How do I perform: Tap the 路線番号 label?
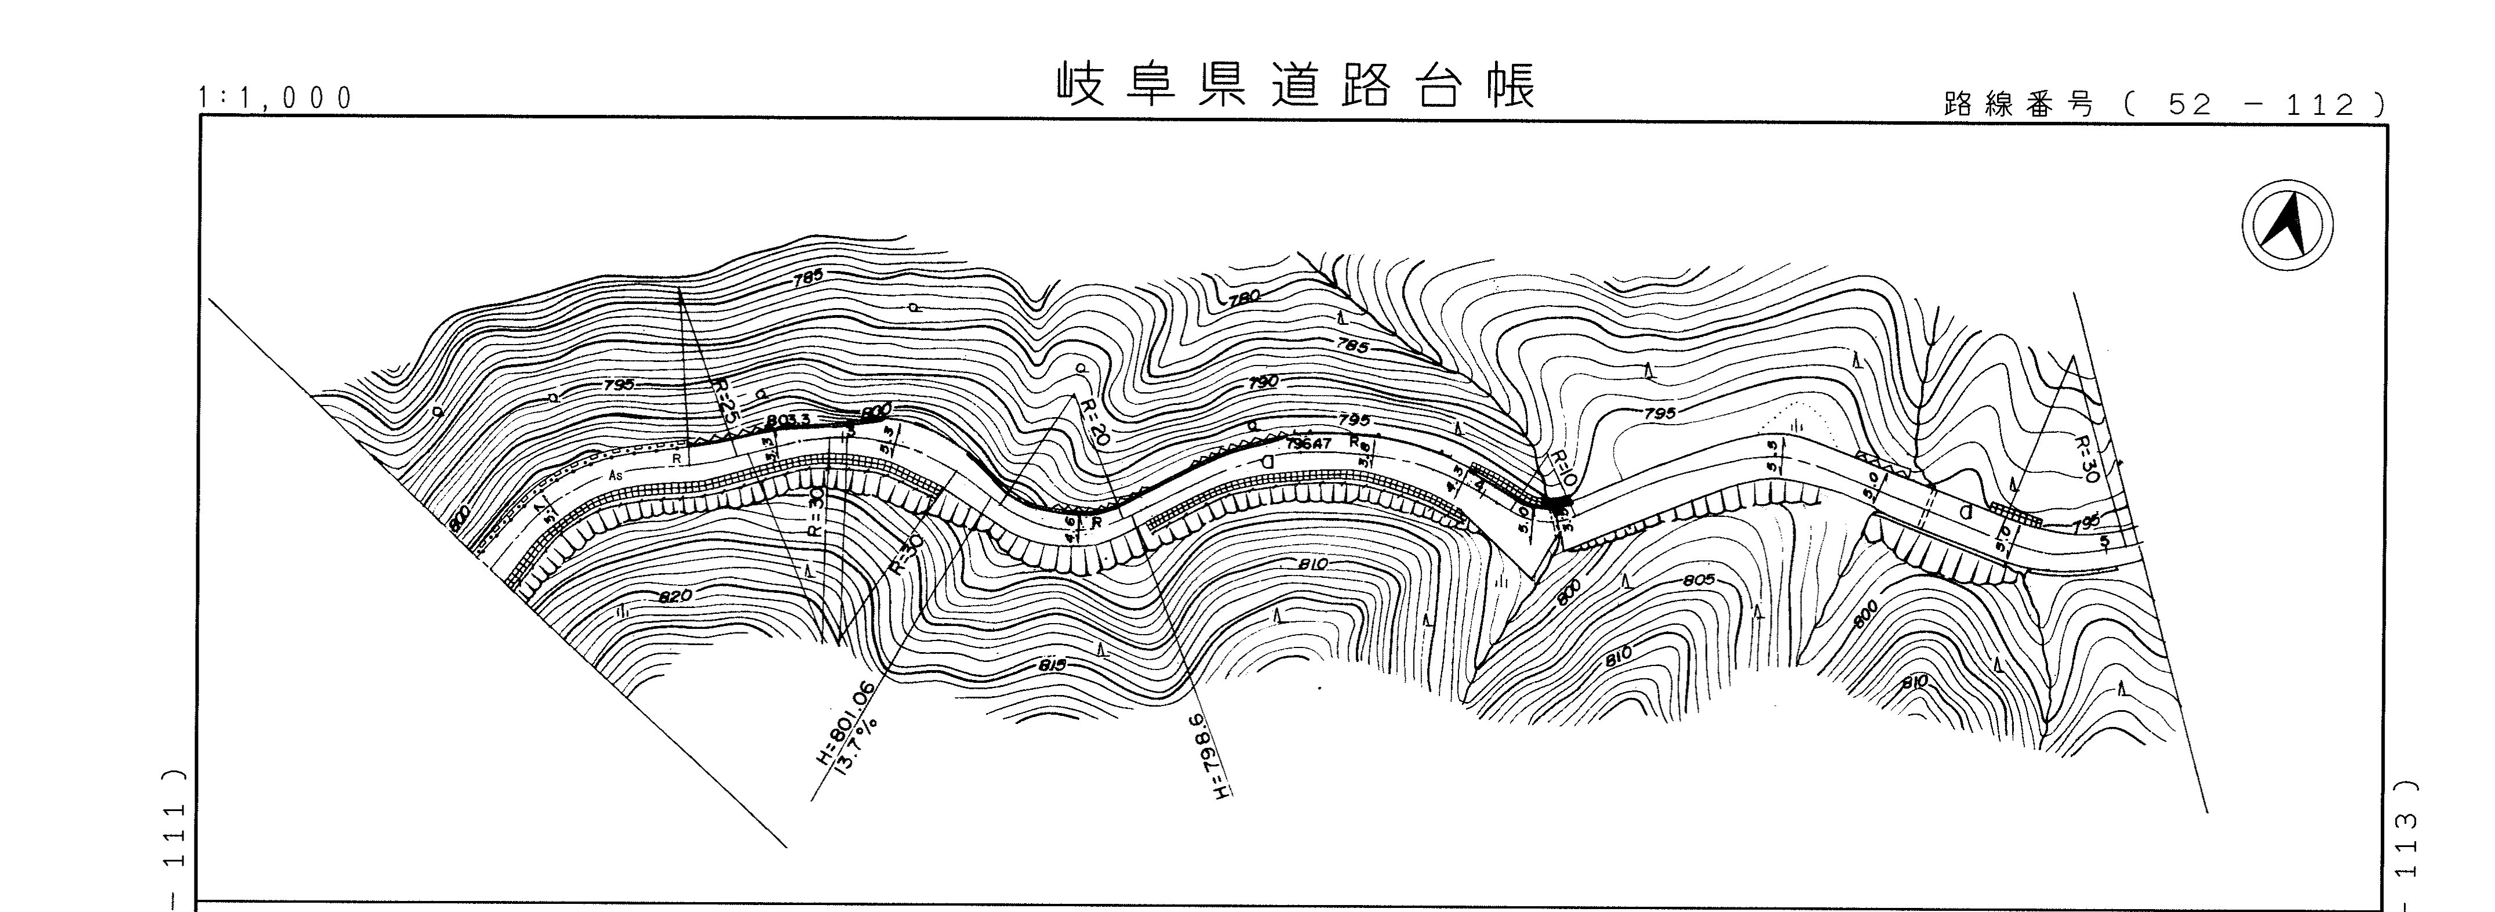pyautogui.click(x=2017, y=104)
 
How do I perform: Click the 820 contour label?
pyautogui.click(x=675, y=595)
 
